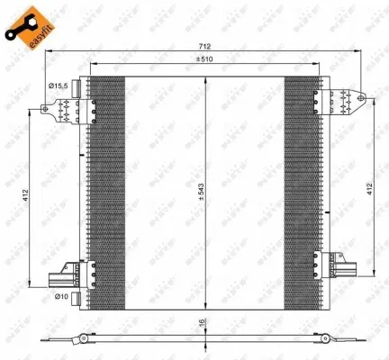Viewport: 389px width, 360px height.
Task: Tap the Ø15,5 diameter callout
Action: tap(59, 85)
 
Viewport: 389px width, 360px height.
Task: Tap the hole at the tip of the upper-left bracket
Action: tap(43, 112)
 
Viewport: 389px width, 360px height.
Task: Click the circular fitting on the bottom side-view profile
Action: tap(83, 339)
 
